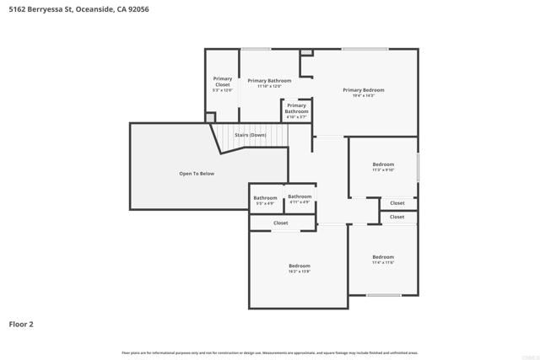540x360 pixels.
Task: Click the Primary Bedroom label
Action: click(x=363, y=89)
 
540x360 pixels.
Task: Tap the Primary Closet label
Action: click(x=222, y=81)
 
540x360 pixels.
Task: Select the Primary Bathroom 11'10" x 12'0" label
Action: click(x=269, y=81)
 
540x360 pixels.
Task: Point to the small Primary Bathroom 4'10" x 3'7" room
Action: click(x=296, y=109)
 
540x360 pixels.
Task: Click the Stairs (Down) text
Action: click(x=251, y=135)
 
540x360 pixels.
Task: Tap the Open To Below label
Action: click(x=197, y=174)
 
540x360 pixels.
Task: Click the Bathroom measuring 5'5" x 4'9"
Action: click(x=265, y=198)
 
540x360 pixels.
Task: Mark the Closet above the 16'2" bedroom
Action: click(x=281, y=223)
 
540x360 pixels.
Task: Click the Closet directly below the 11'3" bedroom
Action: click(x=397, y=203)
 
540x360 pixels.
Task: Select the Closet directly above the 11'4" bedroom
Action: click(x=397, y=217)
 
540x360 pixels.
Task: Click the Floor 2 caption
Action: click(x=21, y=324)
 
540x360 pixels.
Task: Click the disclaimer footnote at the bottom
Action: click(x=270, y=352)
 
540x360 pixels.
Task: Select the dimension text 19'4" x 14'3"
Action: click(x=363, y=95)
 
